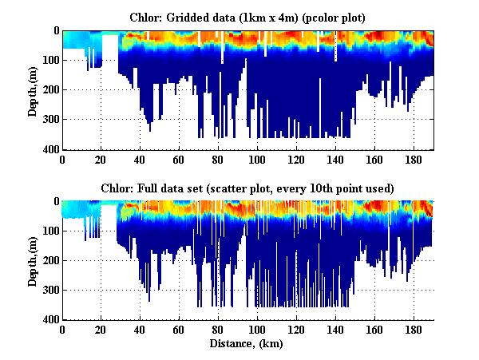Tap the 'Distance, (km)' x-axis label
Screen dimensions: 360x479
click(247, 344)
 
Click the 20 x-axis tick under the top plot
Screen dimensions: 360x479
click(101, 159)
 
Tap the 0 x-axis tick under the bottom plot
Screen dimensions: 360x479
click(62, 330)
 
